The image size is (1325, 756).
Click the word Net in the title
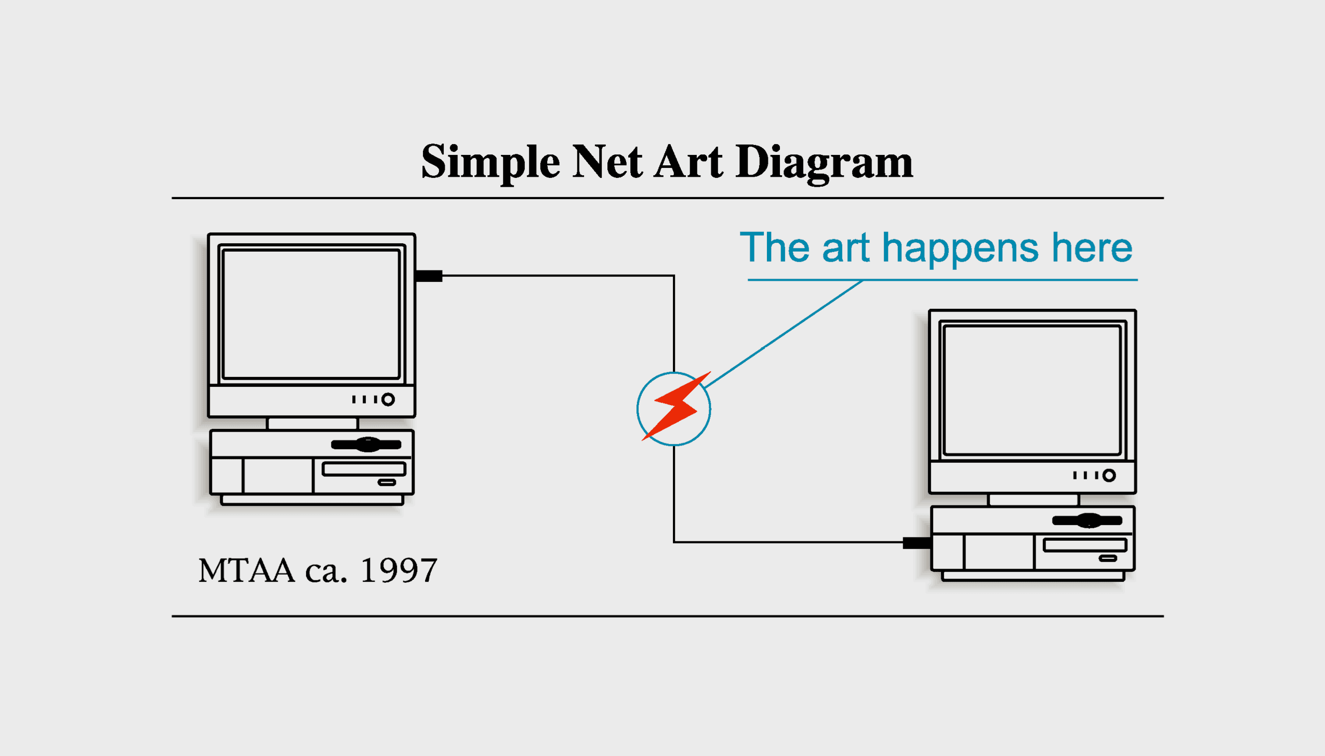pyautogui.click(x=607, y=161)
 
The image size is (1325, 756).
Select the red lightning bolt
pyautogui.click(x=676, y=406)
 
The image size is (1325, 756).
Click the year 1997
pyautogui.click(x=399, y=570)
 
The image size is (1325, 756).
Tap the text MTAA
pyautogui.click(x=246, y=570)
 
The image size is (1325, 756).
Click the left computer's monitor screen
pyautogui.click(x=311, y=314)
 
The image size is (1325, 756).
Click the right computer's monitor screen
pyautogui.click(x=1032, y=390)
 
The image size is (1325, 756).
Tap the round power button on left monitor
pyautogui.click(x=388, y=399)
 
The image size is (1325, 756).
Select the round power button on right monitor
pyautogui.click(x=1109, y=475)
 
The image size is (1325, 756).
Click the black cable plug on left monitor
pyautogui.click(x=429, y=276)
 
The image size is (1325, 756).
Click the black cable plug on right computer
pyautogui.click(x=917, y=543)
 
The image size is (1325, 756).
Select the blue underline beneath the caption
pyautogui.click(x=943, y=280)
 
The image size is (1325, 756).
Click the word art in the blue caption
pyautogui.click(x=845, y=249)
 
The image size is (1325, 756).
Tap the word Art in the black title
pyautogui.click(x=688, y=161)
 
